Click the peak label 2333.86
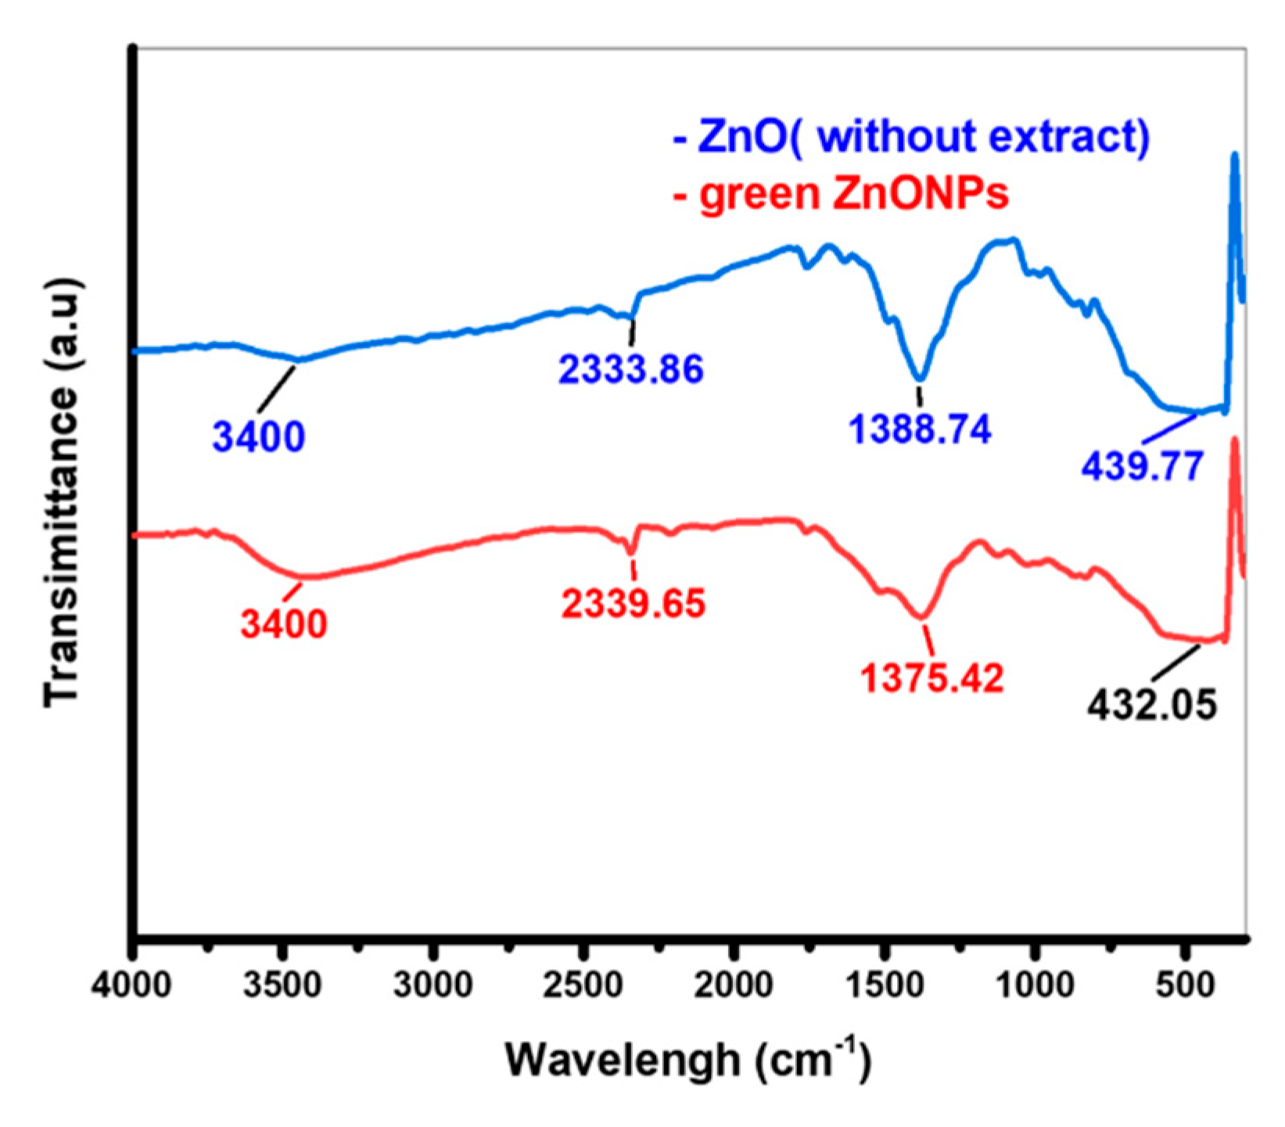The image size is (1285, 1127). pyautogui.click(x=631, y=368)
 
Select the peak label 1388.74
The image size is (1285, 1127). pyautogui.click(x=921, y=429)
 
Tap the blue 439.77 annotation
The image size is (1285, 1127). pyautogui.click(x=1142, y=467)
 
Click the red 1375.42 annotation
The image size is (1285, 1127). pyautogui.click(x=932, y=678)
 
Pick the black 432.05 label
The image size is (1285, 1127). pyautogui.click(x=1152, y=705)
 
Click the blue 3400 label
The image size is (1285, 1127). pyautogui.click(x=259, y=436)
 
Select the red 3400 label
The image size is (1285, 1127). pyautogui.click(x=283, y=623)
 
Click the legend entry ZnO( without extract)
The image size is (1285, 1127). pyautogui.click(x=911, y=136)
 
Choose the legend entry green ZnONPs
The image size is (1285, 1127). pyautogui.click(x=841, y=192)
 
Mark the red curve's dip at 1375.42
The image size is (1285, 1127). pyautogui.click(x=924, y=617)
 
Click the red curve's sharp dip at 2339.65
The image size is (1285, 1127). pyautogui.click(x=630, y=551)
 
